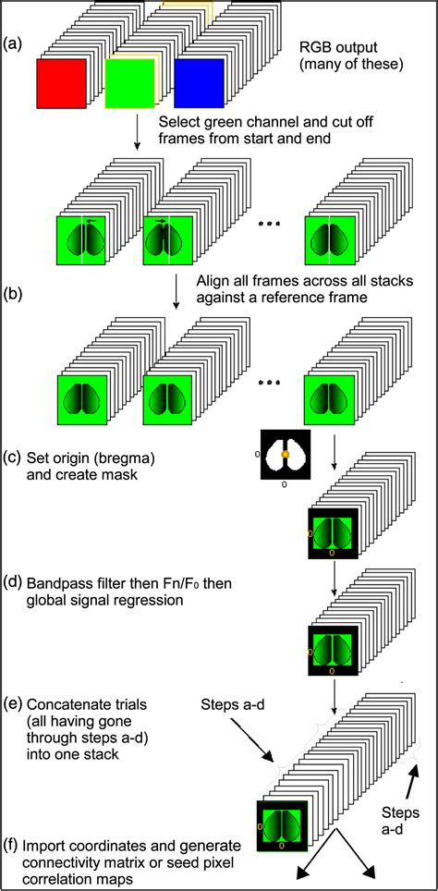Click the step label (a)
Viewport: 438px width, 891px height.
pos(14,43)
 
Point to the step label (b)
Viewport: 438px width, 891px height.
pos(14,298)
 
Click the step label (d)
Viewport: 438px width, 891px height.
pos(14,584)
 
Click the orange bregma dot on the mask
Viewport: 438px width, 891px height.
pos(286,455)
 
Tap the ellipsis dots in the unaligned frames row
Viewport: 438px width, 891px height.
pos(270,225)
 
